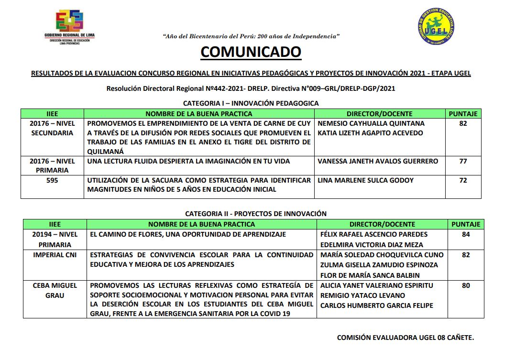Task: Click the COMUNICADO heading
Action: [x=251, y=52]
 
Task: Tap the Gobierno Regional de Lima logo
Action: [x=69, y=27]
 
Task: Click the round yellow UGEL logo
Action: [x=436, y=27]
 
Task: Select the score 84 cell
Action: [x=466, y=234]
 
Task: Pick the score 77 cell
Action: [x=463, y=161]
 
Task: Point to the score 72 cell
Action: [x=463, y=180]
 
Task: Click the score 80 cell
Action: [x=466, y=285]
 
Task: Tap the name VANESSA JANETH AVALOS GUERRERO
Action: [x=377, y=161]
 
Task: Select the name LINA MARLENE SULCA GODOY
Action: [x=365, y=180]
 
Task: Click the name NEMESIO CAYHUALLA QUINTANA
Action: [x=371, y=123]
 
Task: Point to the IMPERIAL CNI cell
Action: [x=55, y=255]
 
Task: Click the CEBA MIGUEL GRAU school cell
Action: [x=55, y=290]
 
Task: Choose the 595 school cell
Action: [x=52, y=180]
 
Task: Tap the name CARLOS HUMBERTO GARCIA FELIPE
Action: [x=376, y=305]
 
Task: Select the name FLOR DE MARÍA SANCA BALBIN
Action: [x=370, y=275]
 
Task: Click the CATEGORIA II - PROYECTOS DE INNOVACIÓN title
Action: [x=256, y=214]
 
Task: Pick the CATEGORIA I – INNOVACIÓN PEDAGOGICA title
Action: [x=251, y=103]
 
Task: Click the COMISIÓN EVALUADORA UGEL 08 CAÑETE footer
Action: [x=405, y=338]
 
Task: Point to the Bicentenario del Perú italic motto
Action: [x=251, y=36]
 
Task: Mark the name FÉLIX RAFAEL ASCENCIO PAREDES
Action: [x=374, y=234]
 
